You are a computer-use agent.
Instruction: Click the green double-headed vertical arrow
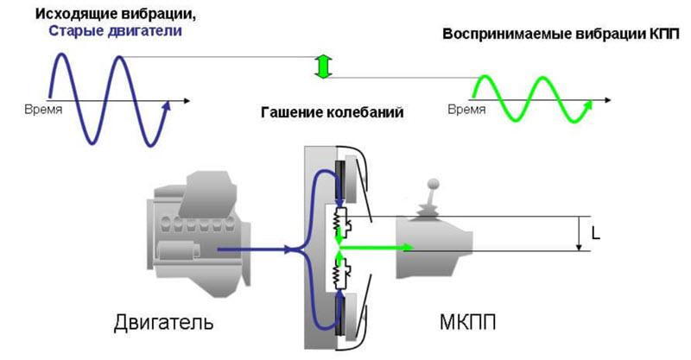tap(323, 67)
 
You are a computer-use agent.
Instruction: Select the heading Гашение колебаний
tap(331, 113)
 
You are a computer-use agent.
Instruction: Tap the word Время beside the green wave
tap(466, 111)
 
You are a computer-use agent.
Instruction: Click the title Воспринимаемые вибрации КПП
tap(561, 35)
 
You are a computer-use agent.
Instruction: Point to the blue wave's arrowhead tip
tap(171, 102)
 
